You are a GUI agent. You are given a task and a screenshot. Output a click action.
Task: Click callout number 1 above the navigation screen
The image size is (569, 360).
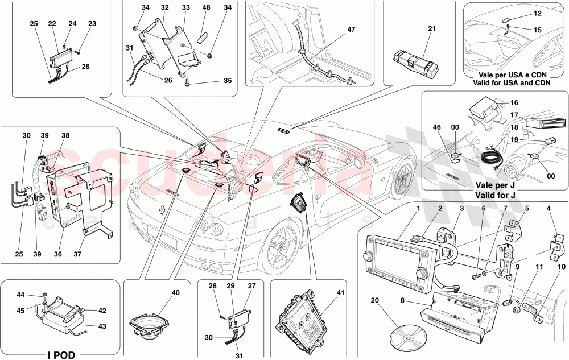418,209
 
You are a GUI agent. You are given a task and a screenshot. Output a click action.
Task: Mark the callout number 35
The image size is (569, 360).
228,81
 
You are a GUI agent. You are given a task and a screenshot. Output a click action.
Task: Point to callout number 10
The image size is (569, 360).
562,266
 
